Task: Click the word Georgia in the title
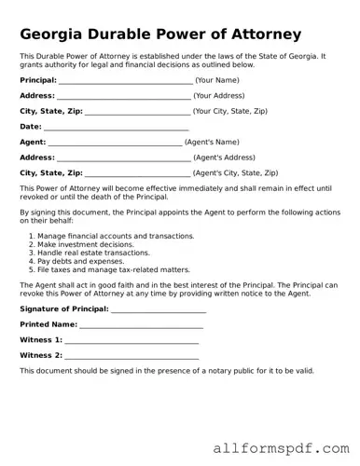tap(57, 34)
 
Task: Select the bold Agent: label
tap(33, 143)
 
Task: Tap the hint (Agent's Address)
tap(223, 158)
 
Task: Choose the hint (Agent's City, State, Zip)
tap(235, 173)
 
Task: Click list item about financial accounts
tap(116, 236)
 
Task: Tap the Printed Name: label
tap(48, 324)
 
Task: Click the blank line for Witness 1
tap(132, 340)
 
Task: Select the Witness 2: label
tap(41, 355)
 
